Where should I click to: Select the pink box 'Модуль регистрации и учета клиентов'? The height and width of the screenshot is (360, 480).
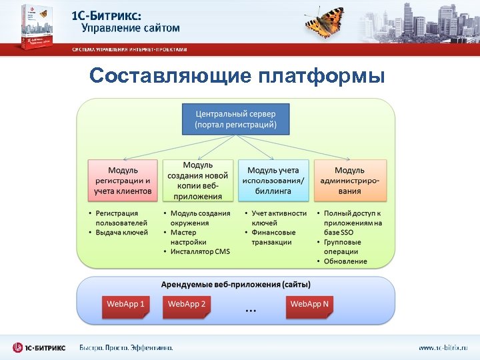[x=123, y=180]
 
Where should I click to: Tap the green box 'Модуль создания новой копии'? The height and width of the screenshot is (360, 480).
[x=198, y=180]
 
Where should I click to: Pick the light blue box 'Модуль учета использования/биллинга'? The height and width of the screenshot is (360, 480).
[x=274, y=180]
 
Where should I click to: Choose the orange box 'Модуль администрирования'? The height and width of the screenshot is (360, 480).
[x=350, y=180]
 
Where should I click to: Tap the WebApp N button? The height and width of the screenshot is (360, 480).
[x=309, y=305]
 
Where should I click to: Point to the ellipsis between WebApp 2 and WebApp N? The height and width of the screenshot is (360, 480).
[x=251, y=310]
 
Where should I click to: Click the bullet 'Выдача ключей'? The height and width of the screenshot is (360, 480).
[x=121, y=232]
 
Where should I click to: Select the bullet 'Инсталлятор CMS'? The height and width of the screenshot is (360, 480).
[x=199, y=251]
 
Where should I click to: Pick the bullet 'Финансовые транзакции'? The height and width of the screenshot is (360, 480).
[x=273, y=237]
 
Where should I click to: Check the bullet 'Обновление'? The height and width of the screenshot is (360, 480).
[x=345, y=261]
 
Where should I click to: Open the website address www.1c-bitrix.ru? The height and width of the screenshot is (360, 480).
[x=443, y=347]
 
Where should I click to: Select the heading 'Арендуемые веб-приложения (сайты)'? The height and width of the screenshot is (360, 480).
[x=236, y=285]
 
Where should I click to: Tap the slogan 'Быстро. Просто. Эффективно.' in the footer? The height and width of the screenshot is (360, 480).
[x=127, y=347]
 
